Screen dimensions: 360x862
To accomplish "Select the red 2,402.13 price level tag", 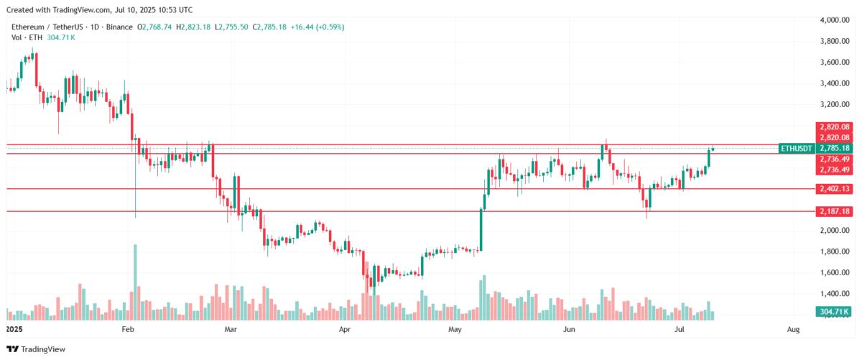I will (833, 189).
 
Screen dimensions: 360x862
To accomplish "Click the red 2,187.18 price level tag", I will (833, 211).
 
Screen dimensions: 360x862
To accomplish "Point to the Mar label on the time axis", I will (231, 330).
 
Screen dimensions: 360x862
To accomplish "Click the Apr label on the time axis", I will (345, 330).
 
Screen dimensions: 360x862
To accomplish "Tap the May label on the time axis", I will (455, 330).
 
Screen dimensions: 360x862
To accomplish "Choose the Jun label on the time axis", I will (569, 330).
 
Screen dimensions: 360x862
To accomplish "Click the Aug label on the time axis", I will (793, 330).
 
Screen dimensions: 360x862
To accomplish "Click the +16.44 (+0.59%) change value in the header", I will (320, 27).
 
